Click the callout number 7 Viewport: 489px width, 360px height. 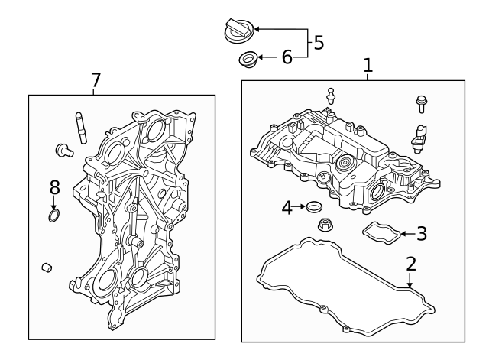(x=96, y=79)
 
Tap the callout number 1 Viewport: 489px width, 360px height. (x=368, y=66)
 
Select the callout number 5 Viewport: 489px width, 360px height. (x=319, y=42)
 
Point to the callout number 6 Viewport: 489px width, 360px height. (x=287, y=57)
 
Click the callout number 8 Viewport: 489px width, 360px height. (x=54, y=187)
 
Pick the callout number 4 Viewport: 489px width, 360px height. (x=287, y=206)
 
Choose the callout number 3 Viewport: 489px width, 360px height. (x=421, y=234)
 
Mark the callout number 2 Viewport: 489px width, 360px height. (x=411, y=264)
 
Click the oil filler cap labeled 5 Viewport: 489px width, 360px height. (x=238, y=31)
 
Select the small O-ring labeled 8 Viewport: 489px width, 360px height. (x=53, y=218)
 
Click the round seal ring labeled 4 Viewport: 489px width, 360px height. (x=313, y=207)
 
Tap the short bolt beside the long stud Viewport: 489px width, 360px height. (x=63, y=150)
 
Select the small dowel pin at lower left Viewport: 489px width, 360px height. (x=47, y=267)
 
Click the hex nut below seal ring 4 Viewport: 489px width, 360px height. (x=324, y=225)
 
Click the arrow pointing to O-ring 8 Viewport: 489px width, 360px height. (x=53, y=203)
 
